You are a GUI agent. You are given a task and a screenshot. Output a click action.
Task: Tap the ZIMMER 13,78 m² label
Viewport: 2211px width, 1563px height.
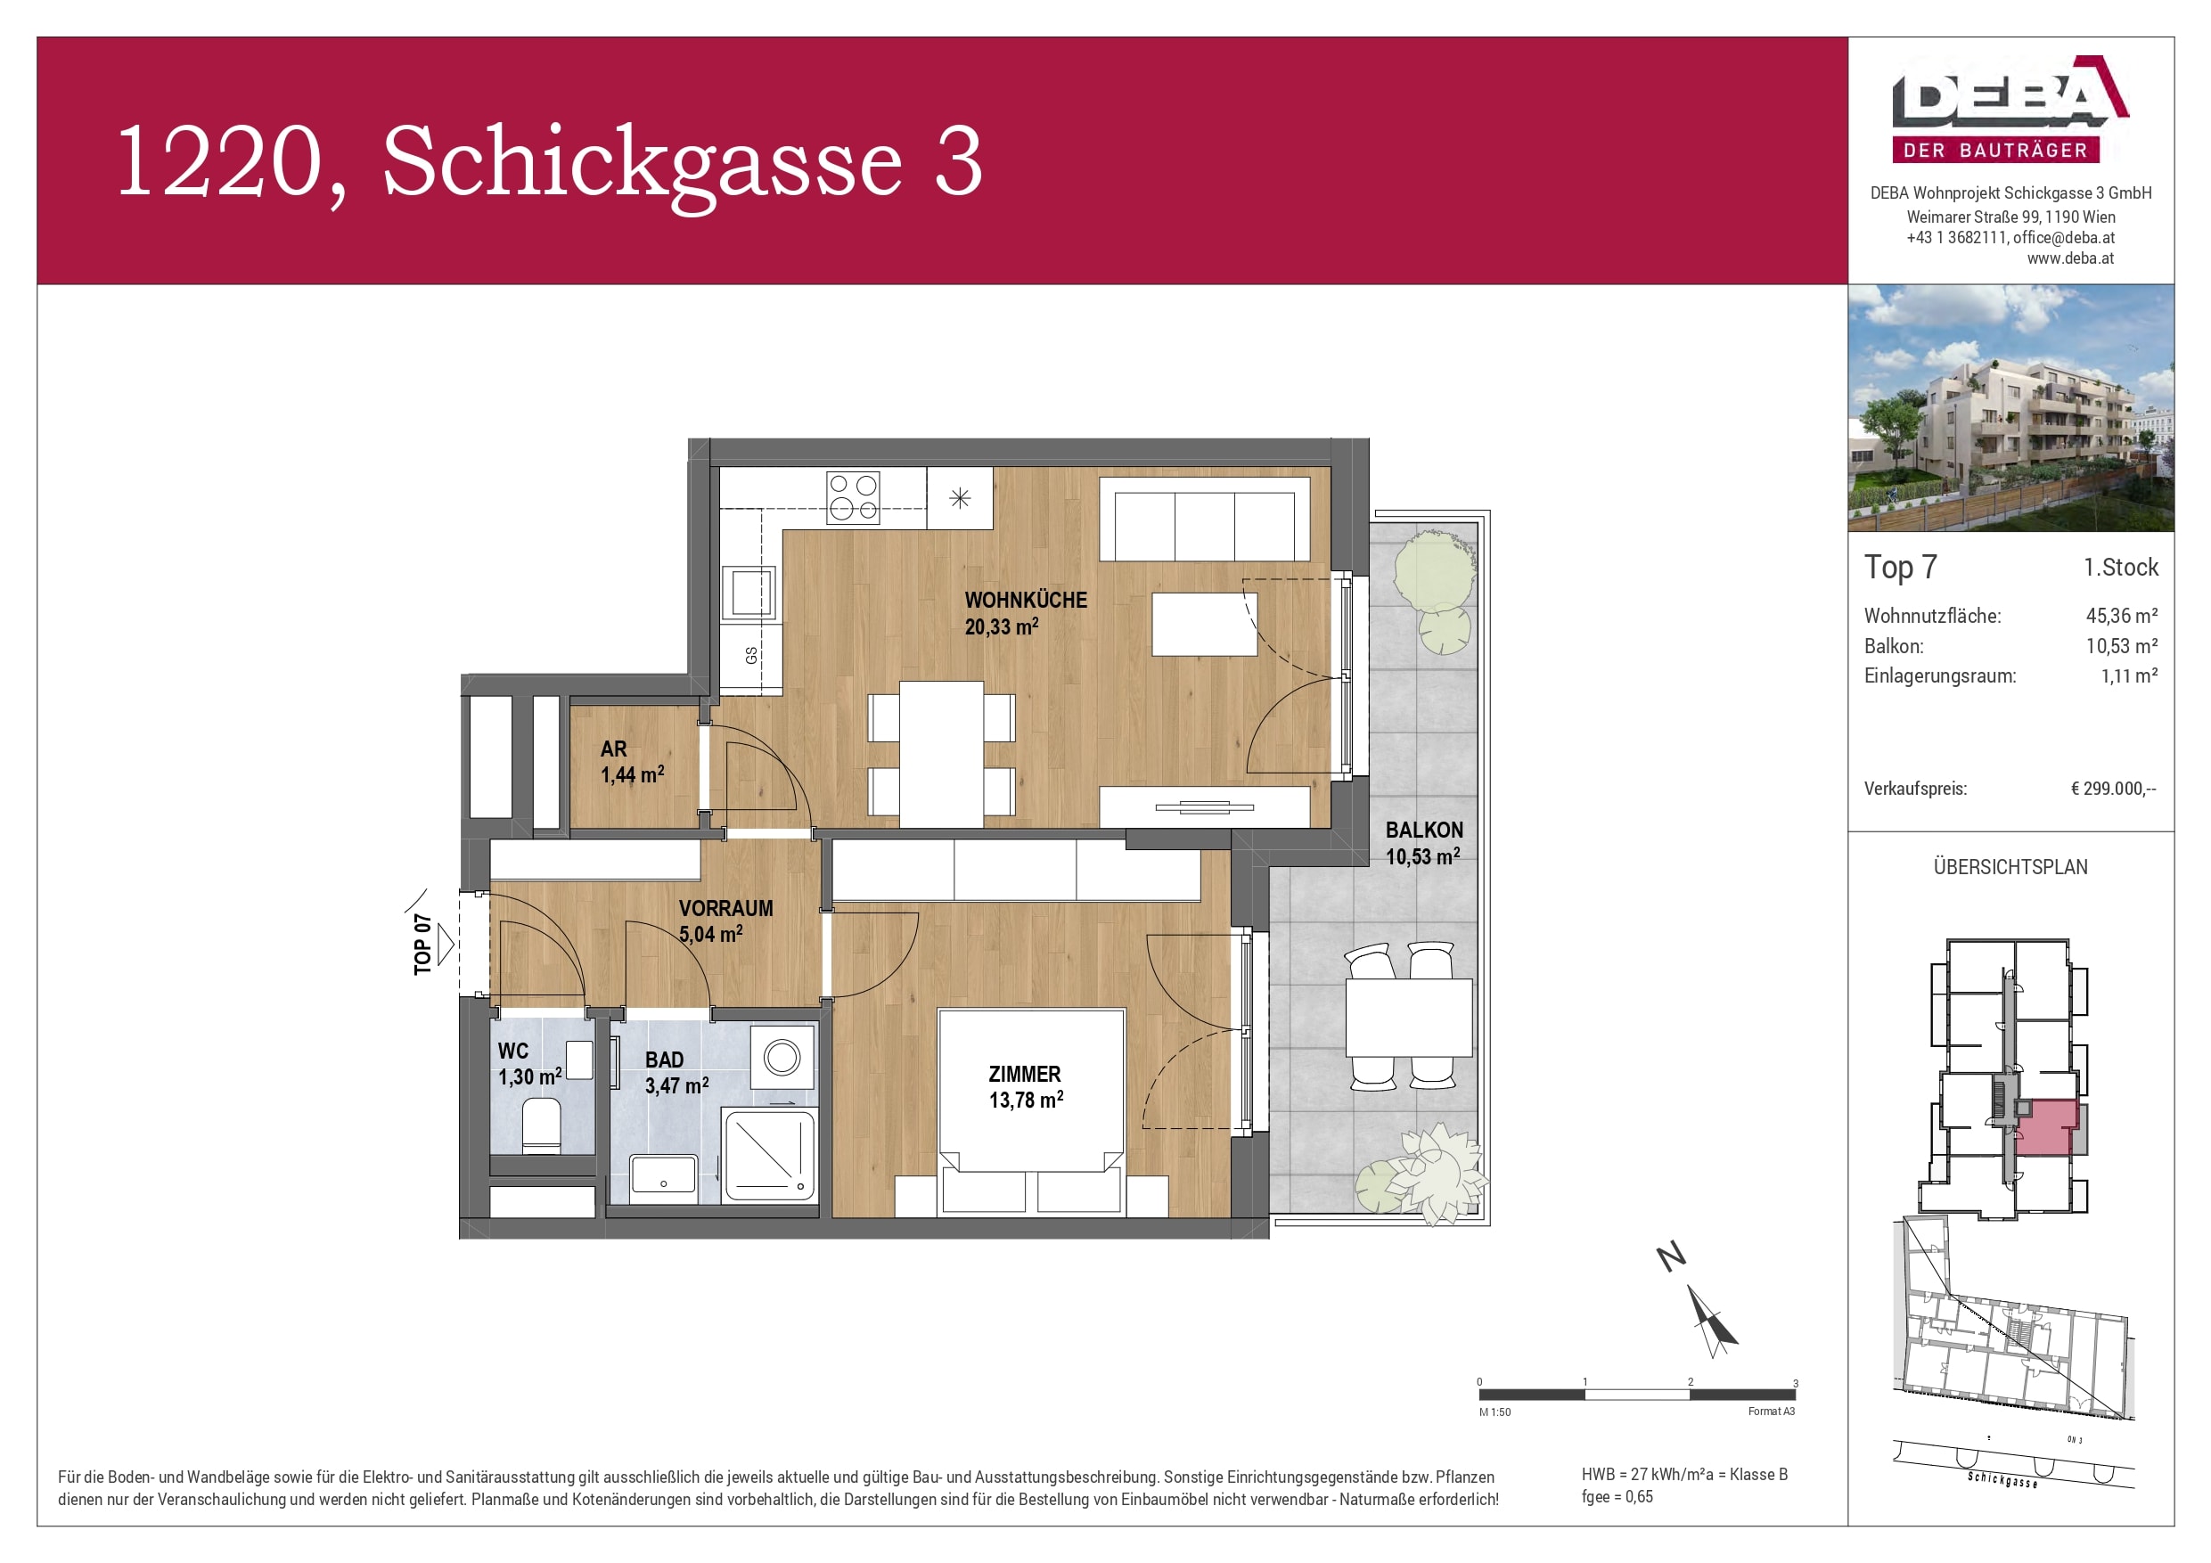click(1026, 1086)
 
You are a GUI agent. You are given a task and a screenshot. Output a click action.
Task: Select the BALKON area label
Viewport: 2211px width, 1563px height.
click(1423, 843)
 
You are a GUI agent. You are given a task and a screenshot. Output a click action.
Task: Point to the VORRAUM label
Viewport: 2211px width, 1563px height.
click(725, 921)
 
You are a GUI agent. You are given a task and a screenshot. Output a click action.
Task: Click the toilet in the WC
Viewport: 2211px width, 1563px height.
click(541, 1126)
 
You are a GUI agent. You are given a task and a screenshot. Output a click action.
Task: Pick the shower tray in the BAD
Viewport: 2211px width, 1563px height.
click(769, 1155)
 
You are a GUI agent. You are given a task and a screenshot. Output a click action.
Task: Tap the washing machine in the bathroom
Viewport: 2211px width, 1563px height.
click(782, 1059)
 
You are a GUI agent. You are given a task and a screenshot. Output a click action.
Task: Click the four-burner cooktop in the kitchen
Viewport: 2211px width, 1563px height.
click(853, 498)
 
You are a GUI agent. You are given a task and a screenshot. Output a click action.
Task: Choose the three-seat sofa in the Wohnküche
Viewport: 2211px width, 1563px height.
click(1205, 525)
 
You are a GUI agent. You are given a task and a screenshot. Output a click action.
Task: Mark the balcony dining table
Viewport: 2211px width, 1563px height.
click(1409, 1017)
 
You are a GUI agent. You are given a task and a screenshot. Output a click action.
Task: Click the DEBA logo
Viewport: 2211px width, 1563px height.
click(2010, 108)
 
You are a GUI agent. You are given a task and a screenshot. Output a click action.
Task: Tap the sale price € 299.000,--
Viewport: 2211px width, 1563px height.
click(2113, 789)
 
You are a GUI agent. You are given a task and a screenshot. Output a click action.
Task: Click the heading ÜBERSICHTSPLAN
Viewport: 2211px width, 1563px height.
click(2010, 867)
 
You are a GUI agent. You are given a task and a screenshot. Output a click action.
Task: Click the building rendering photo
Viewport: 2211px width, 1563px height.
click(2010, 407)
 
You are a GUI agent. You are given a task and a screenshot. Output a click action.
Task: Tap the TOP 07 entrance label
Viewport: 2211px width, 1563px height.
click(422, 944)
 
